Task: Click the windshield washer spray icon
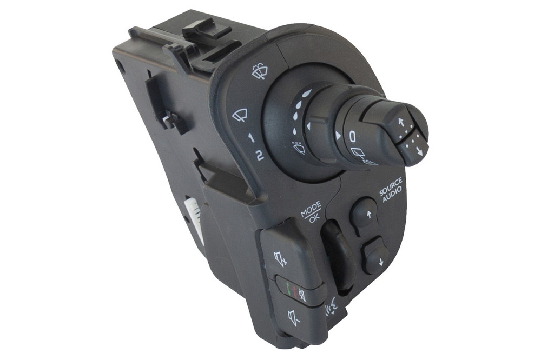pyautogui.click(x=260, y=71)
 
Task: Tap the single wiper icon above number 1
pyautogui.click(x=240, y=115)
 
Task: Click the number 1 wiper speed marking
pyautogui.click(x=252, y=138)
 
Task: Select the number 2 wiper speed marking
pyautogui.click(x=260, y=156)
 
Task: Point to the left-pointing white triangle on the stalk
pyautogui.click(x=309, y=126)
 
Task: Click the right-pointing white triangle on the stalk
pyautogui.click(x=338, y=136)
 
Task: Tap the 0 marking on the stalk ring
pyautogui.click(x=352, y=137)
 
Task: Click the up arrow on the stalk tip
pyautogui.click(x=400, y=122)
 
